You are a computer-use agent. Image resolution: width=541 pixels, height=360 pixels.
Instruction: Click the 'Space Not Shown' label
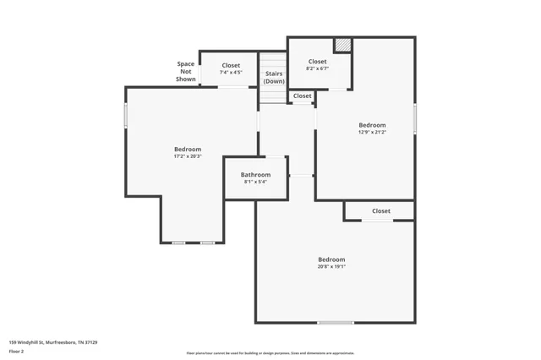[186, 72]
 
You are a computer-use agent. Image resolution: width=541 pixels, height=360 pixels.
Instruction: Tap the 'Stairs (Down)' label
[274, 77]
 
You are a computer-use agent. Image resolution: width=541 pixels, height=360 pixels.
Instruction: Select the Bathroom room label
[255, 175]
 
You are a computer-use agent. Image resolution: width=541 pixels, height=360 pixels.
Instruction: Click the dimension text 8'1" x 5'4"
[255, 182]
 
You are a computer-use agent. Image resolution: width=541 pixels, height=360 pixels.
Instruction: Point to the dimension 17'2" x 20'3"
[188, 156]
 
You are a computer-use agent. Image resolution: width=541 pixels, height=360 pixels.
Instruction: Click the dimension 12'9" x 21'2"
[372, 132]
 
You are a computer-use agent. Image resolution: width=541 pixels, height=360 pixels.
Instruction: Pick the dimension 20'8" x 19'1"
[331, 266]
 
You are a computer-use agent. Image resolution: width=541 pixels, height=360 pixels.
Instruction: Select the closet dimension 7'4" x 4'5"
[231, 73]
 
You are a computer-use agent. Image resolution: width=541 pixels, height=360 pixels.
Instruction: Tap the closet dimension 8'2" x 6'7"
[317, 68]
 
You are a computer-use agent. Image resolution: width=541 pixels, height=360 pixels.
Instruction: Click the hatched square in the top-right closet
[342, 45]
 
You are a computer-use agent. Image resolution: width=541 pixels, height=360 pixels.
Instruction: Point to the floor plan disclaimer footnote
[270, 353]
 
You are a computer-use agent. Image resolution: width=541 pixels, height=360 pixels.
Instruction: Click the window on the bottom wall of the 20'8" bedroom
[336, 322]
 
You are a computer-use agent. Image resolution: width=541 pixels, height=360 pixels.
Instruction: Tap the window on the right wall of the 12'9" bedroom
[414, 118]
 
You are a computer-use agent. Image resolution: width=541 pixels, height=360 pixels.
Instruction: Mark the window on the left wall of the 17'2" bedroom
[126, 116]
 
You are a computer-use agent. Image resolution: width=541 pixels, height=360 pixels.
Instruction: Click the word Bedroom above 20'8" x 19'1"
[331, 259]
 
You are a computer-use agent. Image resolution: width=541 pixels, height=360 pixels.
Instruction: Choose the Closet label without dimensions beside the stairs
[303, 96]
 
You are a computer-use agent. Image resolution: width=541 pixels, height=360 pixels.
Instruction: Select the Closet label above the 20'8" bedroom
[380, 211]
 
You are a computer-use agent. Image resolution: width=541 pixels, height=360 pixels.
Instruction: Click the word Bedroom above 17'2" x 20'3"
[188, 150]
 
